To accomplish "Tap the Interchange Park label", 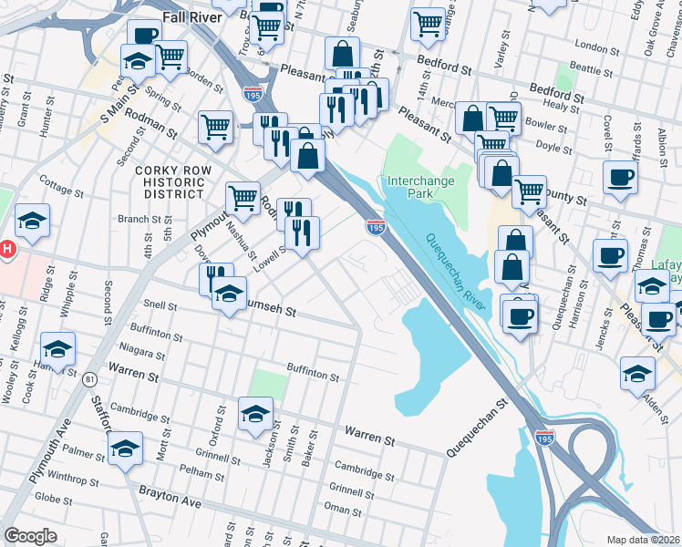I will click(x=421, y=187).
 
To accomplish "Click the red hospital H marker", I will click(x=7, y=248).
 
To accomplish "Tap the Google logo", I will click(x=30, y=535).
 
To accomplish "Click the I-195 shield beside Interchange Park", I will click(x=375, y=226).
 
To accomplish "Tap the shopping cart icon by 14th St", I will click(x=428, y=25).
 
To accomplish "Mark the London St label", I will click(x=598, y=46).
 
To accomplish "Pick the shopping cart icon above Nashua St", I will click(x=243, y=197).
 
